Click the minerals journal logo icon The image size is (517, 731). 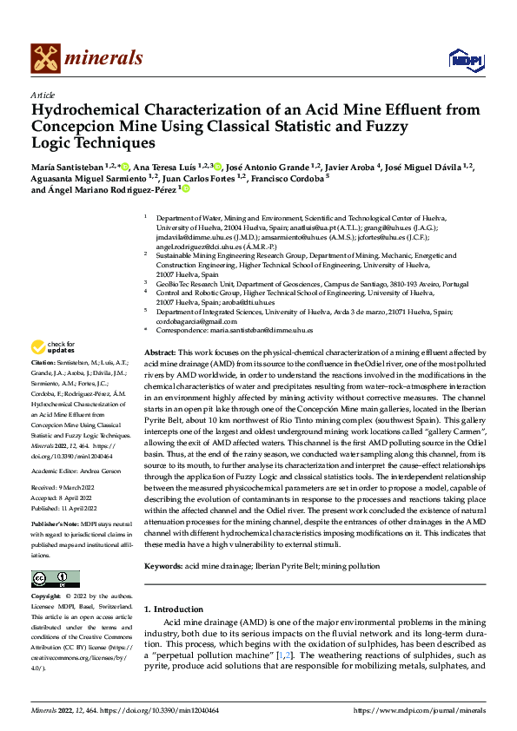tap(45, 58)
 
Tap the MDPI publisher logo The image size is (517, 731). tap(466, 58)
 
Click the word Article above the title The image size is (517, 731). tap(43, 95)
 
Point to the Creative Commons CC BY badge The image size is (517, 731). tap(55, 578)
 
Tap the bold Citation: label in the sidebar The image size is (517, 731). tap(43, 361)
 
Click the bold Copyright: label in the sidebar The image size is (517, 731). tap(47, 596)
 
